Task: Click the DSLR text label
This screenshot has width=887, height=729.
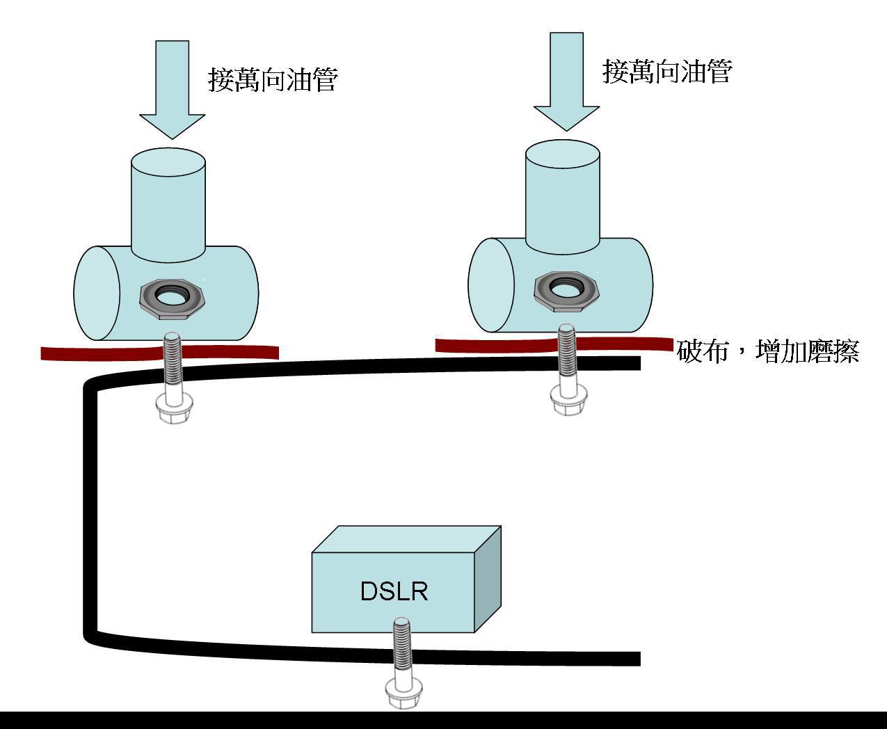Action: pyautogui.click(x=394, y=591)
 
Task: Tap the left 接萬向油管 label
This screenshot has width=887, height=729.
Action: pyautogui.click(x=273, y=80)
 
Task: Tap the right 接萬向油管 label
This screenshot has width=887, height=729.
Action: pyautogui.click(x=666, y=71)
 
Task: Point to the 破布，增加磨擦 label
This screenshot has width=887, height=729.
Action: pyautogui.click(x=768, y=352)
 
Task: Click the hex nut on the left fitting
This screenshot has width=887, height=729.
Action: pyautogui.click(x=170, y=298)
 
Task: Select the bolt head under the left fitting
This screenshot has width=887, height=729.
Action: pyautogui.click(x=173, y=411)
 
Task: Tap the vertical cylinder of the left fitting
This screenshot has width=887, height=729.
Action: pyautogui.click(x=168, y=202)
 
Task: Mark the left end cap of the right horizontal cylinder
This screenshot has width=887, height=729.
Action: pyautogui.click(x=491, y=286)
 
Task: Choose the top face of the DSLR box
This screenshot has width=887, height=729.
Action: pyautogui.click(x=406, y=540)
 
